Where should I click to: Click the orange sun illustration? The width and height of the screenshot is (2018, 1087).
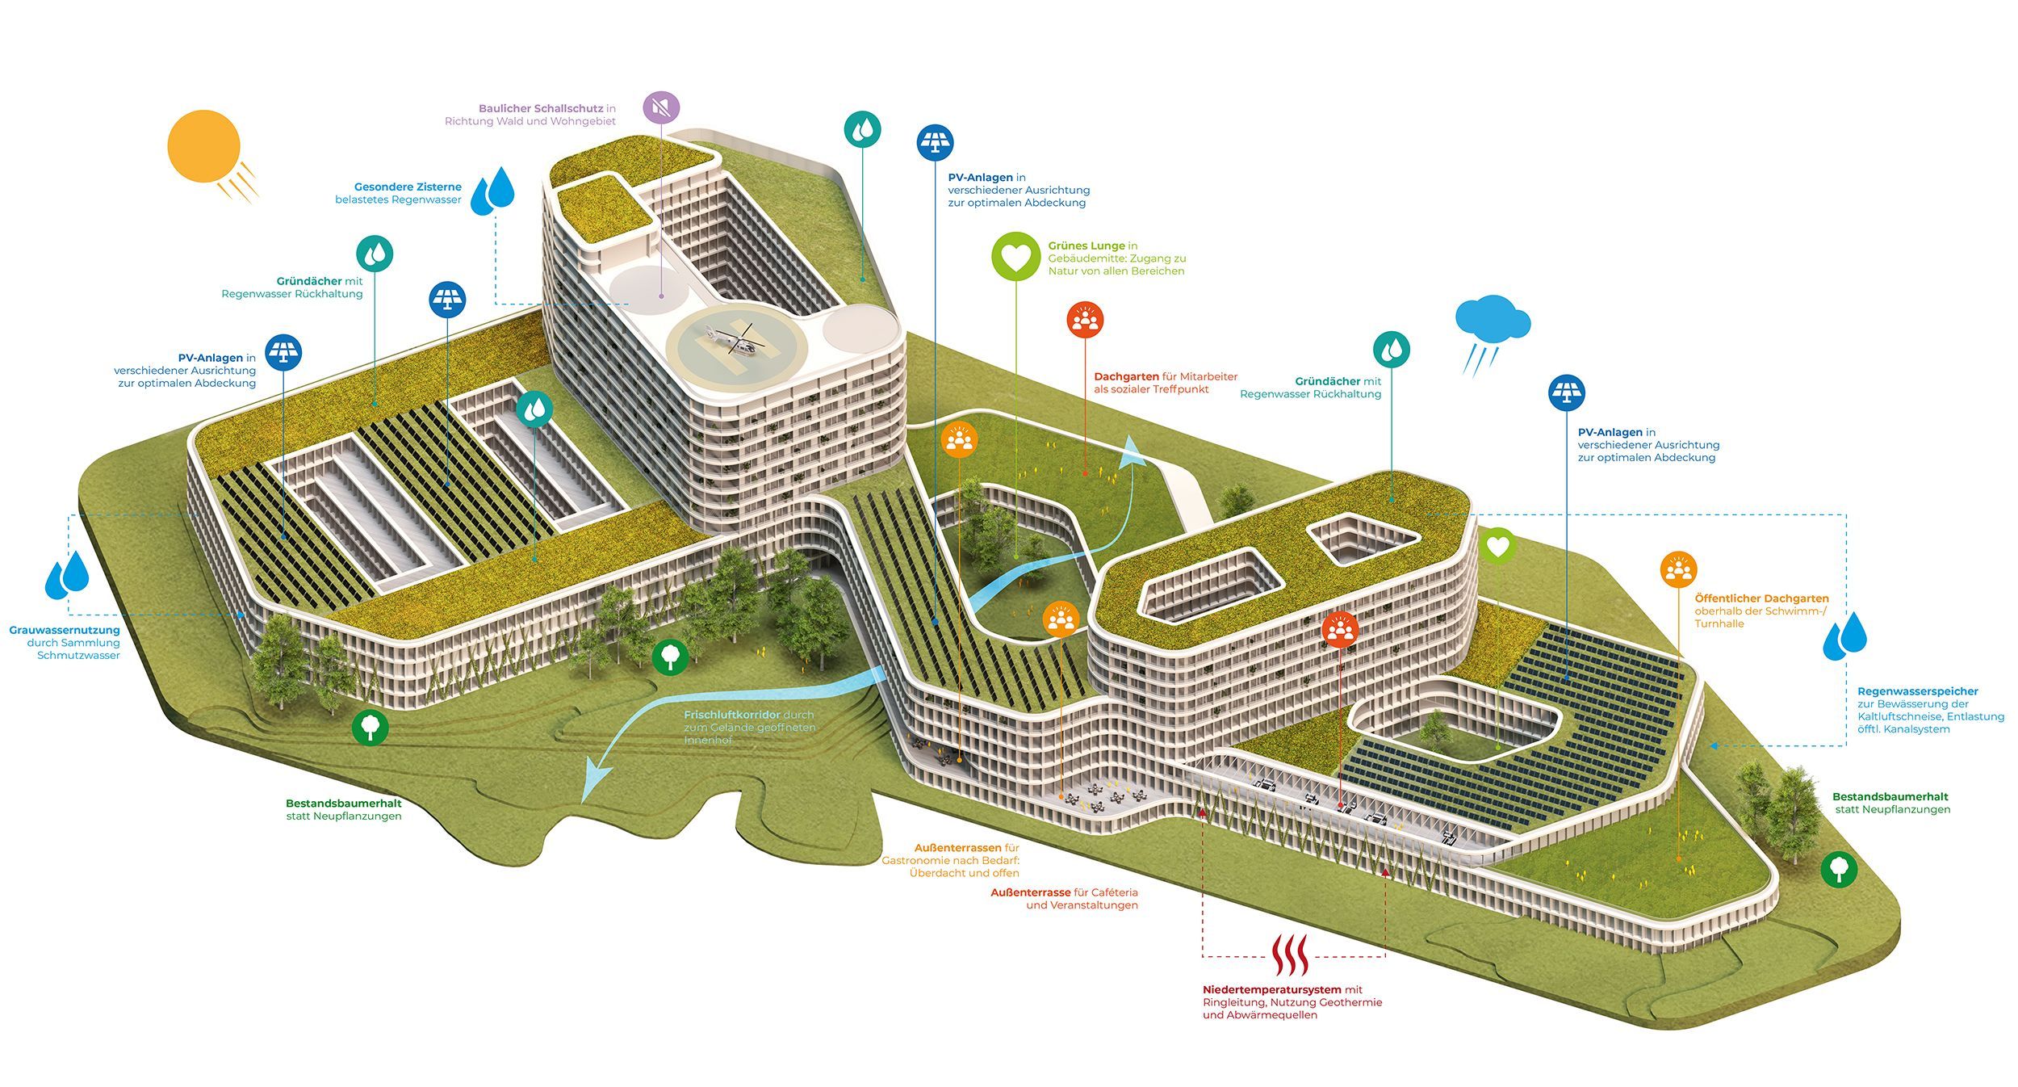204,147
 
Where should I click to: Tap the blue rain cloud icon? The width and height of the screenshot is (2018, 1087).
1492,319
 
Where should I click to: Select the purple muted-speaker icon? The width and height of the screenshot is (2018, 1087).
661,107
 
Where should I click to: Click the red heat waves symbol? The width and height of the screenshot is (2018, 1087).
1290,955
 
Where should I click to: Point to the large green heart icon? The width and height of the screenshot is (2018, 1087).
1015,257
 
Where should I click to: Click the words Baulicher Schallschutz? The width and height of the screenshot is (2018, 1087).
540,108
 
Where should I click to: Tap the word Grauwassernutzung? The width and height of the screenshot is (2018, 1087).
65,630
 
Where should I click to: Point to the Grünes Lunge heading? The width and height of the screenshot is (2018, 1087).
1086,246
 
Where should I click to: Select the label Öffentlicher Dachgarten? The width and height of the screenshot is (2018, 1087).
1761,598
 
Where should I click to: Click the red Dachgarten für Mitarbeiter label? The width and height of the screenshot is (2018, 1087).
1165,382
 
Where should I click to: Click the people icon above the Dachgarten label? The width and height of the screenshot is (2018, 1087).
1085,320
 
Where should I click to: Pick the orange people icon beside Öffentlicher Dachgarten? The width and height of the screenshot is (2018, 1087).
1678,570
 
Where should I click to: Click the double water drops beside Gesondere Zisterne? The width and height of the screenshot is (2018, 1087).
492,192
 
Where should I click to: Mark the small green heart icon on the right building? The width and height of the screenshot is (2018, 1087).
1498,547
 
